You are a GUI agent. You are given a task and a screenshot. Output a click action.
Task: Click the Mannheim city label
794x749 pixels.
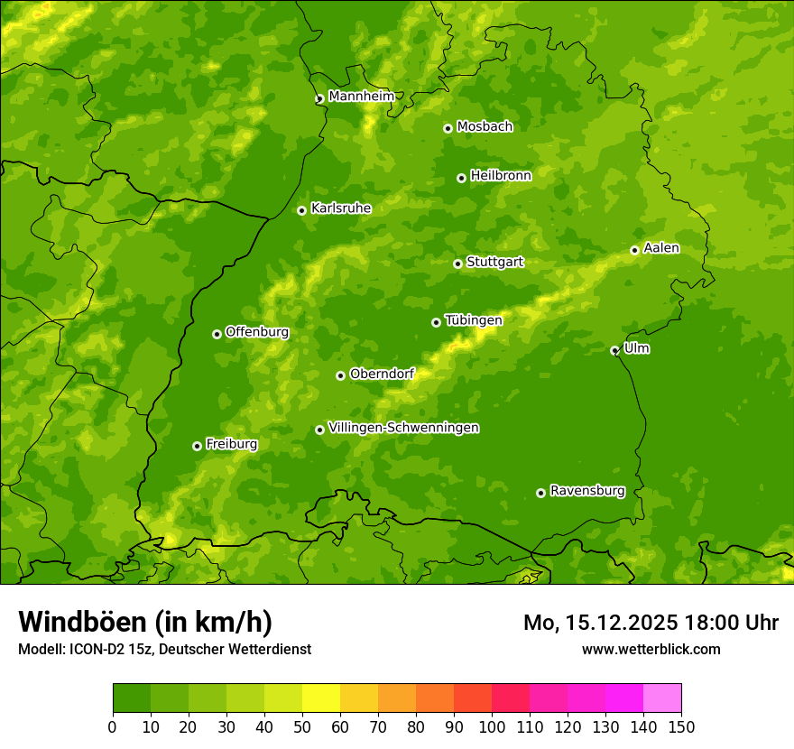coord(361,97)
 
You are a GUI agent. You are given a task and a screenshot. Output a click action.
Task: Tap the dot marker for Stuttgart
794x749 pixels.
coord(457,264)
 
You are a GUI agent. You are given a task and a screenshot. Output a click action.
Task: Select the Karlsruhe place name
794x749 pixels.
coord(340,208)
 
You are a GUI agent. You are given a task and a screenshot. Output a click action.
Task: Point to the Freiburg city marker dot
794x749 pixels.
coord(197,446)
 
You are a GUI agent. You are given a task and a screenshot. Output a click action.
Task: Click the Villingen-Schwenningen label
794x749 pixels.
coord(403,428)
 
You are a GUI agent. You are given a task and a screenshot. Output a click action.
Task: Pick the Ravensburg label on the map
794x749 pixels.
coord(586,491)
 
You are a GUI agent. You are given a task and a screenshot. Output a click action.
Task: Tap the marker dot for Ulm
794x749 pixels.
coord(614,350)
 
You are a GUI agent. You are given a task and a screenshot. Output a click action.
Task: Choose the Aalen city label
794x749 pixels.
coord(660,248)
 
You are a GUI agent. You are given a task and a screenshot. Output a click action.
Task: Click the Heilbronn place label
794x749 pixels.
coord(501,176)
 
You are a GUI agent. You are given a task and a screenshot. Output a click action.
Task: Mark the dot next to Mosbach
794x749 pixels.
coord(448,128)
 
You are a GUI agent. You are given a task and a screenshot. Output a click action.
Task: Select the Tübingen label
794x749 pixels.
coord(473,320)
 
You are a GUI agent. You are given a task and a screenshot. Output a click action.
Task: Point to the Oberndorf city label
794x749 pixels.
coord(382,374)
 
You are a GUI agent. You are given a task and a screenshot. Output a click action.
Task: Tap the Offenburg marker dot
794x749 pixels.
coord(217,334)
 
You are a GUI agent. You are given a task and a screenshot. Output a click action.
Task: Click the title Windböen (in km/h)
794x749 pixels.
coord(144,622)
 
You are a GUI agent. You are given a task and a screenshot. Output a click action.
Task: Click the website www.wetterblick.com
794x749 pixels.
coord(651,649)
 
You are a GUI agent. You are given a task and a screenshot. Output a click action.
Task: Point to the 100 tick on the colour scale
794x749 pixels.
coord(492,726)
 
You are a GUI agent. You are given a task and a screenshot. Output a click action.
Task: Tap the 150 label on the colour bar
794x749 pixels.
coord(681,726)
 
